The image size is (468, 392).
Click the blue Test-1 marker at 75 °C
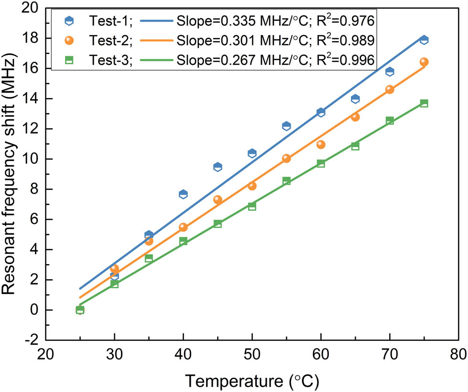tap(424, 40)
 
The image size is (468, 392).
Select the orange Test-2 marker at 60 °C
tap(321, 144)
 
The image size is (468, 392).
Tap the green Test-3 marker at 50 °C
tap(252, 206)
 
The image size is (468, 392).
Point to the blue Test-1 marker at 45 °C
tap(218, 167)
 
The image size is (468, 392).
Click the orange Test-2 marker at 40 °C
tap(183, 227)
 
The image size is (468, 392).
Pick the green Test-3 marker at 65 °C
tap(355, 146)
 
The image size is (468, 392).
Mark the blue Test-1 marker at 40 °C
tap(183, 194)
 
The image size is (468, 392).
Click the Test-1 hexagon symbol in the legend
tap(70, 20)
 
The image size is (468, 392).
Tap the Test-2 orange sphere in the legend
tap(70, 41)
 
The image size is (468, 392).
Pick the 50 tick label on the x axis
tap(252, 356)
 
